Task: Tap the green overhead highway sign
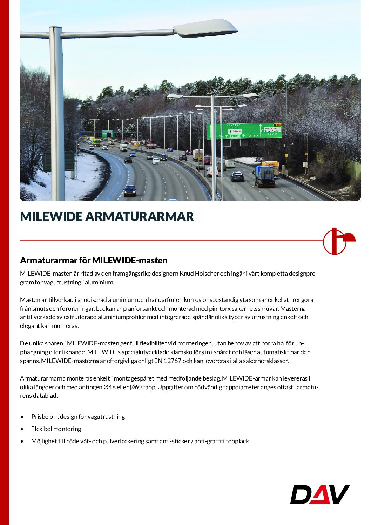tap(244, 131)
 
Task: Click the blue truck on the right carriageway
tap(264, 176)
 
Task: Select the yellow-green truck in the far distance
tap(96, 142)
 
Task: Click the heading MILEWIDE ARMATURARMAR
tap(107, 216)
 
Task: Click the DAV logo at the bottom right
tap(320, 494)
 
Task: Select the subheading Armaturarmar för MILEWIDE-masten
tap(94, 260)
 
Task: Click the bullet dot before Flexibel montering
tap(22, 429)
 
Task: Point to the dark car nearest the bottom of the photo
tap(130, 190)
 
